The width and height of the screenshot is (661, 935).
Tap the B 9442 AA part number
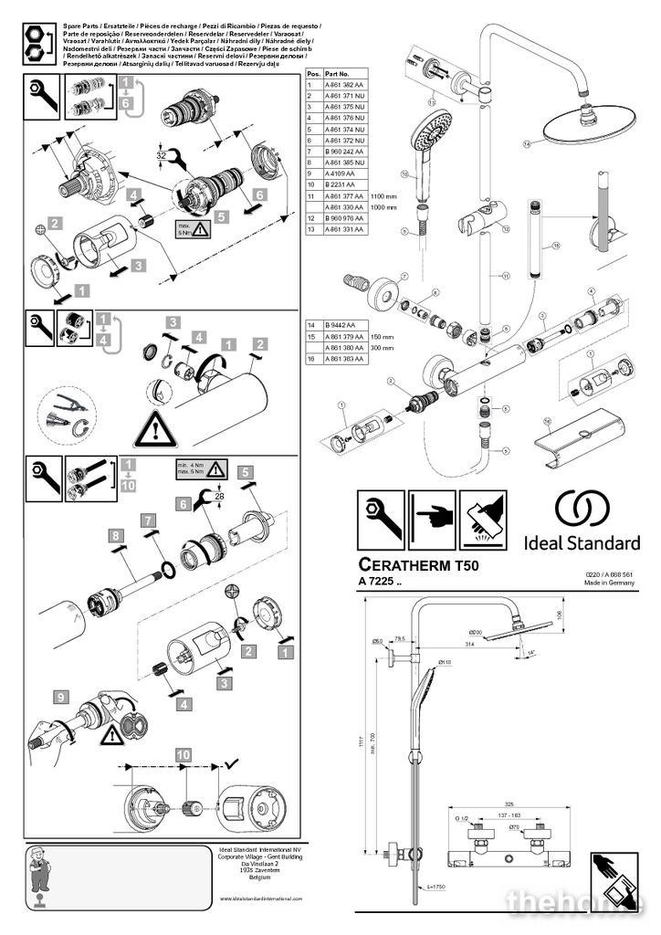pos(339,325)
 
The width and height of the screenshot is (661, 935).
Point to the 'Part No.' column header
pos(338,72)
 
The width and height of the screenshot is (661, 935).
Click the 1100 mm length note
pos(383,195)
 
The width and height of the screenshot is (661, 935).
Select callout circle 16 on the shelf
pos(548,421)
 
